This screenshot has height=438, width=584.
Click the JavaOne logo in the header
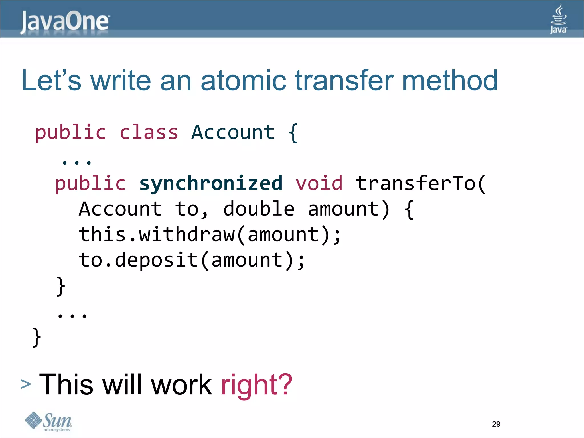65,22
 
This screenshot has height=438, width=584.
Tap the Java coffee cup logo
558,19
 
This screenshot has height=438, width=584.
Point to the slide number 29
496,424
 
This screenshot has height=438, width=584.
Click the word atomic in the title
243,81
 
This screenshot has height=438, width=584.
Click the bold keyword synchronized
211,183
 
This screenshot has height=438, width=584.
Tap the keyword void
319,183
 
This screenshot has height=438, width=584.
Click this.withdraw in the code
157,234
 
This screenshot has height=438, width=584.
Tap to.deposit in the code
139,260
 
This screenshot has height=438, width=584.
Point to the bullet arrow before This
26,384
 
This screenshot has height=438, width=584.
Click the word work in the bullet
181,385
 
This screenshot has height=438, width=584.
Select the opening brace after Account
293,133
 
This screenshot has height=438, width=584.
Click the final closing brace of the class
36,337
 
